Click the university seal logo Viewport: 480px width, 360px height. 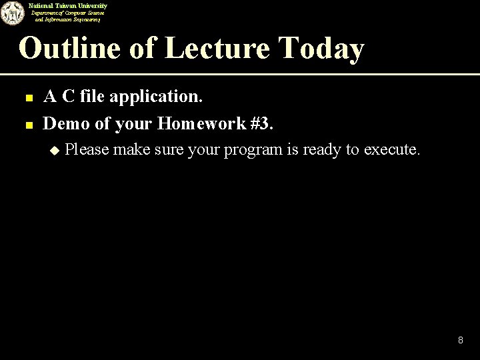pyautogui.click(x=11, y=13)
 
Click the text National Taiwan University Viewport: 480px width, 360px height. pyautogui.click(x=68, y=5)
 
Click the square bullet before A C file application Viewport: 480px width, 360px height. pyautogui.click(x=29, y=98)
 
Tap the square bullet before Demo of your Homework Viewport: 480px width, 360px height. pyautogui.click(x=29, y=123)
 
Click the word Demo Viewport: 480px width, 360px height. pyautogui.click(x=65, y=123)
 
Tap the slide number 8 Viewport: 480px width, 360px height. pyautogui.click(x=460, y=341)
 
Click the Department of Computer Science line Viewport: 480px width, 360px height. pyautogui.click(x=69, y=13)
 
